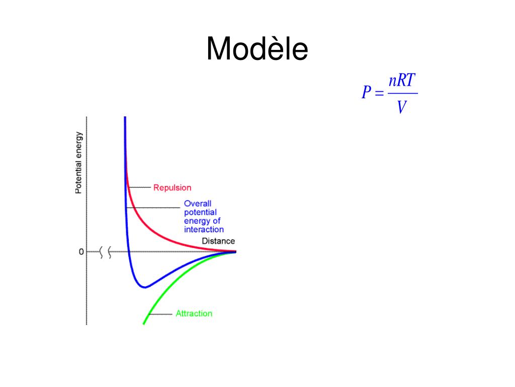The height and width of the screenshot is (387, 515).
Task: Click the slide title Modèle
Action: [x=257, y=49]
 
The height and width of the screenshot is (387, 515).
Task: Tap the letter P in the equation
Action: [x=367, y=93]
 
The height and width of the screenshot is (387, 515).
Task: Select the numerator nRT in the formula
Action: [x=402, y=81]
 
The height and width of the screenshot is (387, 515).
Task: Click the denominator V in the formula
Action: [x=401, y=106]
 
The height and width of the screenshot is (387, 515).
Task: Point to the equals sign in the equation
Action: [x=379, y=93]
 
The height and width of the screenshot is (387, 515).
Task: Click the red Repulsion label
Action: [x=172, y=187]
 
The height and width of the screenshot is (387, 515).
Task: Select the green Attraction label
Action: [x=194, y=313]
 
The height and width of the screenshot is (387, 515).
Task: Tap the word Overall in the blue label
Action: [x=197, y=204]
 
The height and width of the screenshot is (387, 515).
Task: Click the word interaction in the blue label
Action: [x=204, y=229]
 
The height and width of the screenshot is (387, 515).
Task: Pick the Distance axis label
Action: [x=218, y=241]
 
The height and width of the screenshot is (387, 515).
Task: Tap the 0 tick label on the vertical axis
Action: [x=81, y=251]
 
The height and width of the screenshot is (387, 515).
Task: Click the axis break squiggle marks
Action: [x=106, y=251]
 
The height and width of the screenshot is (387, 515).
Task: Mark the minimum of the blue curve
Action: [x=144, y=287]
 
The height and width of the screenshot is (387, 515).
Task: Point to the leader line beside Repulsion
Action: [x=139, y=187]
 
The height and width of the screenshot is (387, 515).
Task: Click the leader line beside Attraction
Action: [x=161, y=314]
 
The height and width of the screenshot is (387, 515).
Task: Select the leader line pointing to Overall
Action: [x=153, y=207]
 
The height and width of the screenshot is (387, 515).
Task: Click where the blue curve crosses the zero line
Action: [x=129, y=251]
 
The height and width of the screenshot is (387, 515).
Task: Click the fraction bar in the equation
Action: [x=402, y=93]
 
